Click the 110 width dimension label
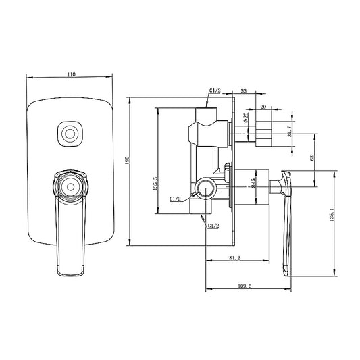point(71,75)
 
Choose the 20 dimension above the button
point(263,105)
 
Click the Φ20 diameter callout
point(247,116)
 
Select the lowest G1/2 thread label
point(212,226)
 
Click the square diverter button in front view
point(68,134)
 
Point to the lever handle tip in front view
point(72,269)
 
